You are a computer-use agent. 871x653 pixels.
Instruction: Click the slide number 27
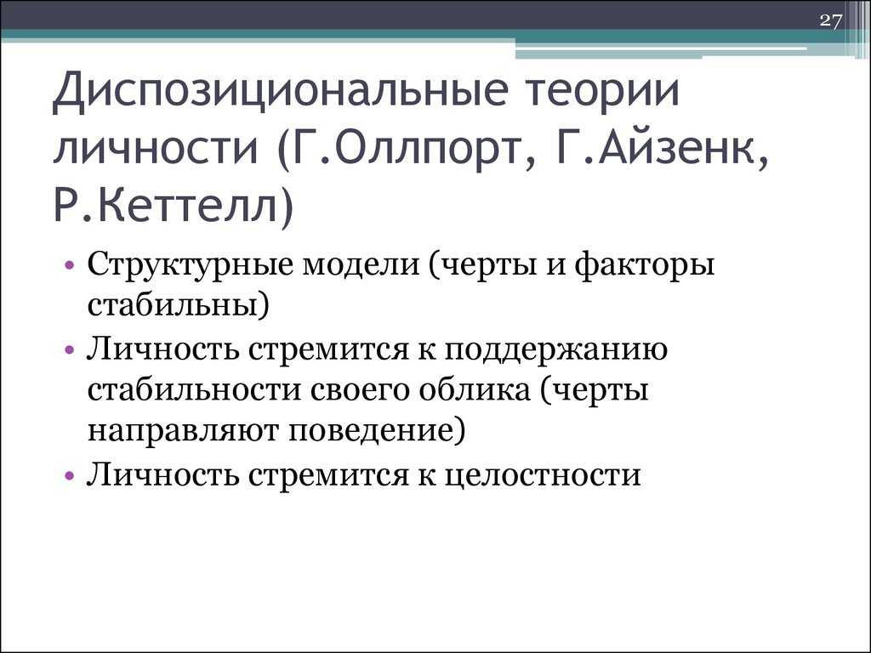(831, 21)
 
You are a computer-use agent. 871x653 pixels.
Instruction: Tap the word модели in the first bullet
(361, 265)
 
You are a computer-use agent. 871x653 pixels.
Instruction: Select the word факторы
(644, 265)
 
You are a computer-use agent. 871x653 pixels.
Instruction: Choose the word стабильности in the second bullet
(194, 389)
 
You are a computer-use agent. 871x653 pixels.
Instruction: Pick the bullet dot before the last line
(70, 475)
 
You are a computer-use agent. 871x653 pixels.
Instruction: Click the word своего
(359, 391)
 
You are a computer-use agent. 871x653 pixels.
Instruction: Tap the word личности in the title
(156, 149)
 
